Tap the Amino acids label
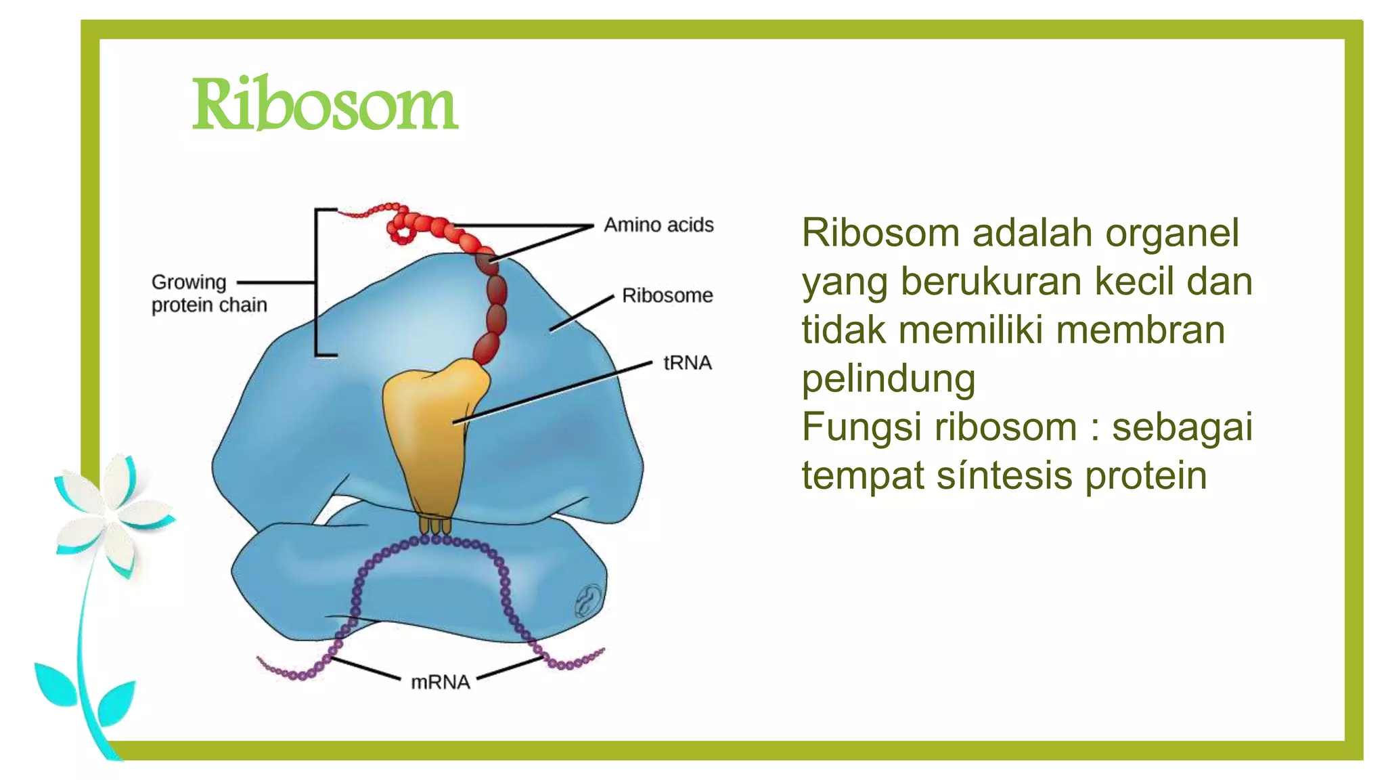(658, 225)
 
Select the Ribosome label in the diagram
(667, 296)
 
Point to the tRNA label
(687, 363)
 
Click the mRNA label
(440, 681)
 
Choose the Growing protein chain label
(208, 293)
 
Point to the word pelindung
(888, 379)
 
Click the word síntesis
(1005, 476)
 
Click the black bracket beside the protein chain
(317, 282)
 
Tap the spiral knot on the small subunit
(589, 599)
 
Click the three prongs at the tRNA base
(434, 525)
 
